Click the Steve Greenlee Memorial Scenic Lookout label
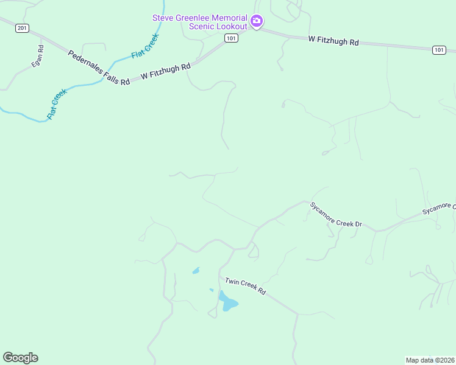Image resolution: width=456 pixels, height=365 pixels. [x=200, y=22]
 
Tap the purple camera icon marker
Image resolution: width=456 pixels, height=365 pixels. [x=257, y=22]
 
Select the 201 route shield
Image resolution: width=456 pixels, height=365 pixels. [x=23, y=28]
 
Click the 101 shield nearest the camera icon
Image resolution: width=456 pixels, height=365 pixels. [x=230, y=38]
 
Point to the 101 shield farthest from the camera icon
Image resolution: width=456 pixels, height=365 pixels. [x=439, y=50]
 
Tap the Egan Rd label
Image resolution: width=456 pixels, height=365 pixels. [x=38, y=56]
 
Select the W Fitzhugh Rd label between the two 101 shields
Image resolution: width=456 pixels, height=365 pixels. [x=333, y=41]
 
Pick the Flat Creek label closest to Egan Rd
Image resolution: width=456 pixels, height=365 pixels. [x=56, y=103]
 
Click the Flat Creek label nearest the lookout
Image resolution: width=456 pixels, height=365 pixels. [x=145, y=46]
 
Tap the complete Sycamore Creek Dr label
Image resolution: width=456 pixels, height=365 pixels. [x=336, y=215]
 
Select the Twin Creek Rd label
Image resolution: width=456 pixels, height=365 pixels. [x=246, y=286]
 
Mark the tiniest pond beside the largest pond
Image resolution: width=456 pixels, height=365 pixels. [x=212, y=290]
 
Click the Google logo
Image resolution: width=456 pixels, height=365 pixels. [x=20, y=358]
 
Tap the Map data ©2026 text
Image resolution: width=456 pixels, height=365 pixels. [x=430, y=360]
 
